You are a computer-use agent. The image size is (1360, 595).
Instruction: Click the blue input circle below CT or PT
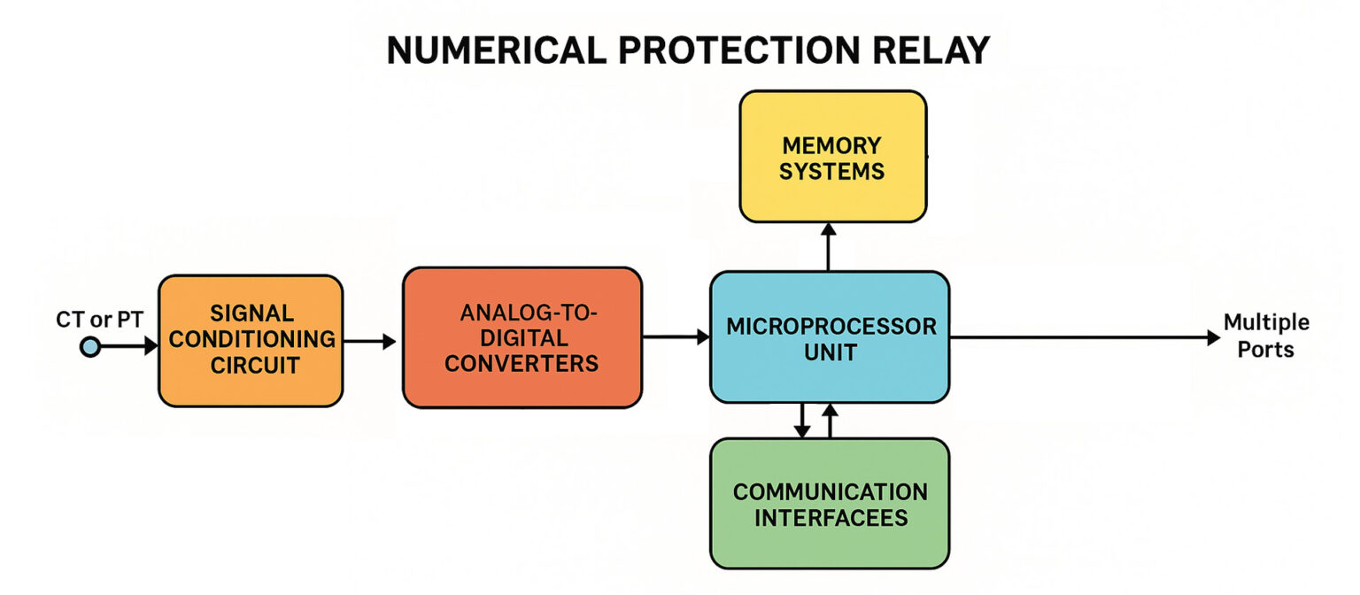[x=89, y=346]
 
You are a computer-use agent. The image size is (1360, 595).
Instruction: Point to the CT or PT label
[x=99, y=319]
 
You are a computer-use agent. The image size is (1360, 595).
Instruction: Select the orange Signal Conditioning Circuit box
[x=251, y=340]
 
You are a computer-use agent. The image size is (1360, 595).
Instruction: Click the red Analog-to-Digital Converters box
[x=522, y=337]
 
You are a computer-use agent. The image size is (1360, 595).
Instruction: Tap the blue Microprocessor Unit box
[x=830, y=337]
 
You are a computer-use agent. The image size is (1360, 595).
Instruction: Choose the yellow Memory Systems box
[x=832, y=157]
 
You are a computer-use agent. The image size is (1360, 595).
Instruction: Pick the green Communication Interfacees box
[x=830, y=503]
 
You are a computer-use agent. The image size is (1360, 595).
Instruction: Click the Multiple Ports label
[x=1266, y=336]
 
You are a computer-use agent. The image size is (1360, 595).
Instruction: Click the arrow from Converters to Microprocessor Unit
[x=676, y=336]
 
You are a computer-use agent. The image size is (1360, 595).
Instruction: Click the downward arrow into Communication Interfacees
[x=801, y=421]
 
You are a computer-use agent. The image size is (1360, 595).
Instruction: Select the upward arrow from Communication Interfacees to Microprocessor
[x=830, y=421]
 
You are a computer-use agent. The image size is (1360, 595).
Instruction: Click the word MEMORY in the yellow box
[x=831, y=145]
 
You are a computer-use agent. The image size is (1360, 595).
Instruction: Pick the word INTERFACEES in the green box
[x=831, y=517]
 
